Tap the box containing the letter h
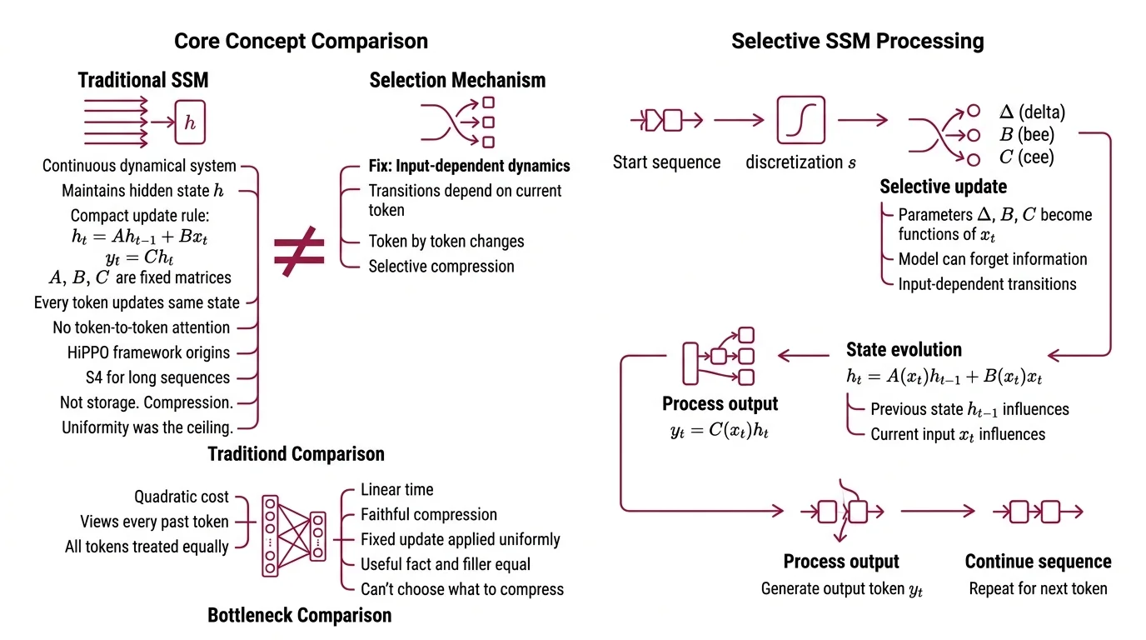(x=190, y=122)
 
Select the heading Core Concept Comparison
(x=301, y=41)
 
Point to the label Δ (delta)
(x=1032, y=112)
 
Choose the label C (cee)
(x=1026, y=157)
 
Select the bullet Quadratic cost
(x=181, y=497)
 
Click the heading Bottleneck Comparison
(x=299, y=616)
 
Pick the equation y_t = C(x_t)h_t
(x=720, y=431)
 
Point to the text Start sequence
(x=666, y=162)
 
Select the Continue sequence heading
(x=1038, y=562)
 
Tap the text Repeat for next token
(x=1038, y=588)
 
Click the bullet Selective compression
(x=441, y=267)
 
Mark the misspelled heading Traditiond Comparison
(x=296, y=454)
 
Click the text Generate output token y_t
(x=841, y=589)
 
